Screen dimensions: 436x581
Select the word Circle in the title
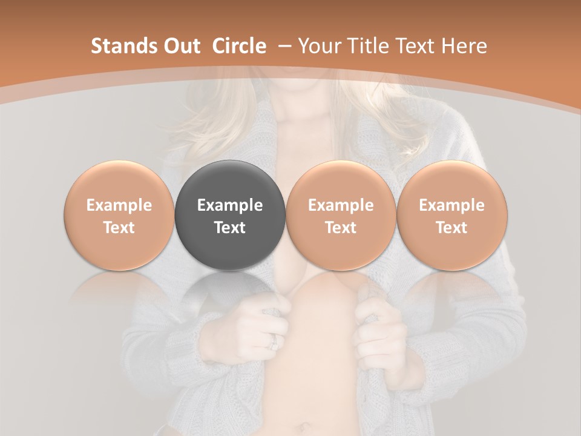tap(239, 47)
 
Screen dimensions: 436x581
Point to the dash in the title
tap(282, 47)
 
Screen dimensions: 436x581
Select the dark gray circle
tap(230, 215)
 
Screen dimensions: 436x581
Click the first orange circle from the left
tap(119, 215)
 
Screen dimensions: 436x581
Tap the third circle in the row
tap(341, 215)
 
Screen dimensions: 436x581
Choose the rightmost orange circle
tap(451, 215)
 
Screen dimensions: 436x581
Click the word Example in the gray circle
tap(230, 205)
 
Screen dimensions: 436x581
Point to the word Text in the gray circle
tap(230, 228)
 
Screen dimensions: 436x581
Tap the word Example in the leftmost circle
tap(119, 205)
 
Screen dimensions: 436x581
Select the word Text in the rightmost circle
tap(451, 228)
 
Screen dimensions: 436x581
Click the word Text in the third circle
tap(341, 228)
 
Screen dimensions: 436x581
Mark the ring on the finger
tap(273, 342)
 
